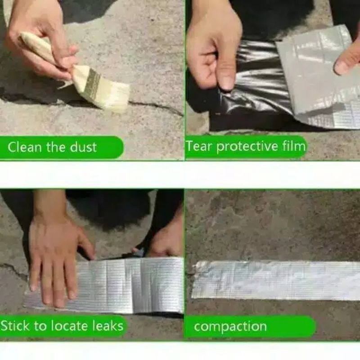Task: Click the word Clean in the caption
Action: (x=25, y=147)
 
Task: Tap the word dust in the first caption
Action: (x=83, y=147)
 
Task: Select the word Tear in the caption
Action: (x=198, y=146)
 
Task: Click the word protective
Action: (x=247, y=147)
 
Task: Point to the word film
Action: (x=294, y=146)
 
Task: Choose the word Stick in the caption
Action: (x=15, y=326)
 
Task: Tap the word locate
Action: (x=71, y=326)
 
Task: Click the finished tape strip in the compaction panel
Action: (x=275, y=280)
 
